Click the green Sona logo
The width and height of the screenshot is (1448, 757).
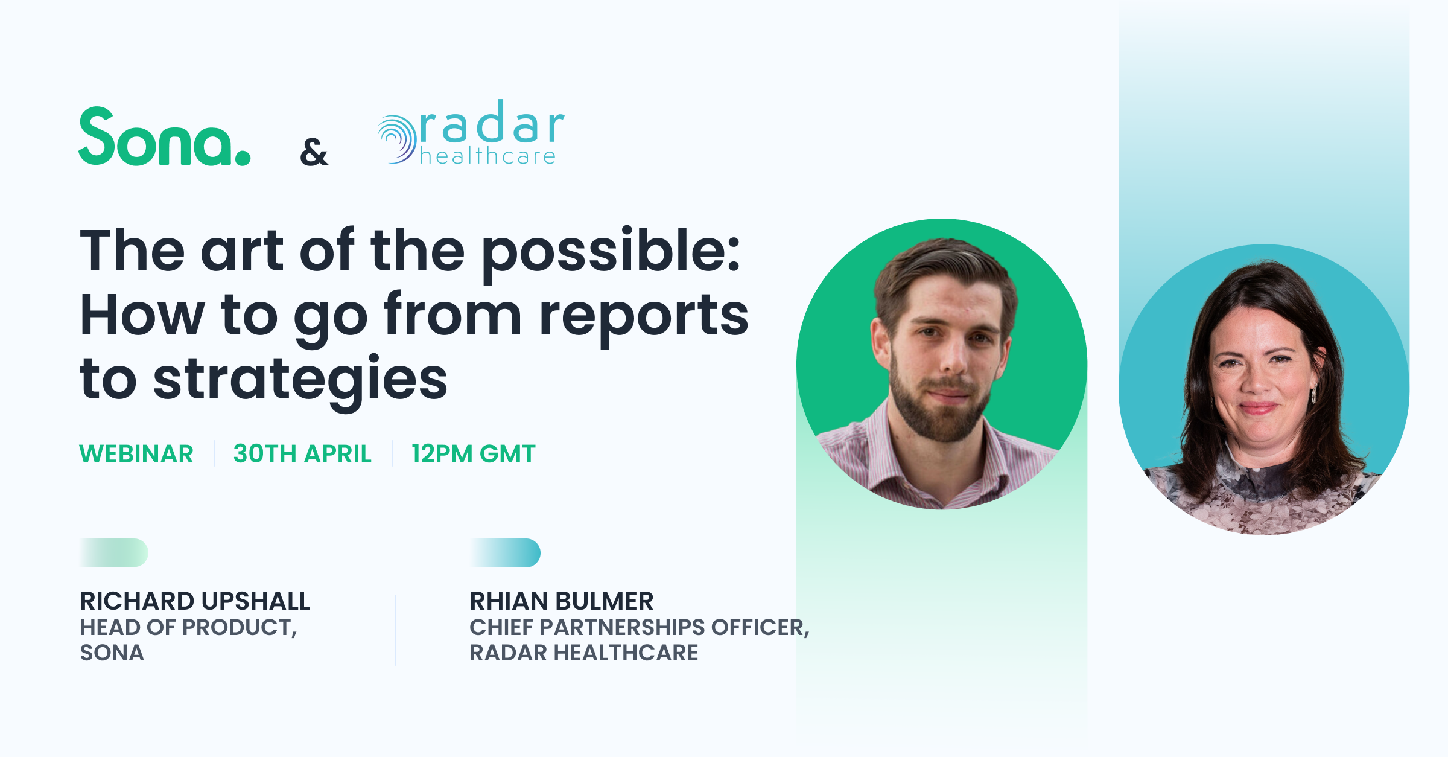pyautogui.click(x=164, y=138)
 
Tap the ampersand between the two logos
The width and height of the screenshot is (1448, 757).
pyautogui.click(x=314, y=152)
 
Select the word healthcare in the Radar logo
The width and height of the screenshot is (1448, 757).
pyautogui.click(x=487, y=156)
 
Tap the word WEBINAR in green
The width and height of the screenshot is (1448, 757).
pyautogui.click(x=136, y=454)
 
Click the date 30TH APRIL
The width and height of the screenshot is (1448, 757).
pyautogui.click(x=302, y=454)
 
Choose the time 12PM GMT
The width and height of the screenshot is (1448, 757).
pyautogui.click(x=474, y=454)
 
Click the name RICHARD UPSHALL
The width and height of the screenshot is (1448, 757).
pyautogui.click(x=195, y=601)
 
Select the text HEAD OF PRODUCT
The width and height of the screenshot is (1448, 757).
pyautogui.click(x=187, y=628)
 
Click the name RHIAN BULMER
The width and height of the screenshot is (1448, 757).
pyautogui.click(x=561, y=601)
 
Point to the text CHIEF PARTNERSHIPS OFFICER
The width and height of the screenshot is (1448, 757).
pyautogui.click(x=638, y=628)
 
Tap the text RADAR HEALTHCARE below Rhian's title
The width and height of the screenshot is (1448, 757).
pyautogui.click(x=583, y=653)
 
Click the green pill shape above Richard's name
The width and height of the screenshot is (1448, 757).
pyautogui.click(x=115, y=553)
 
